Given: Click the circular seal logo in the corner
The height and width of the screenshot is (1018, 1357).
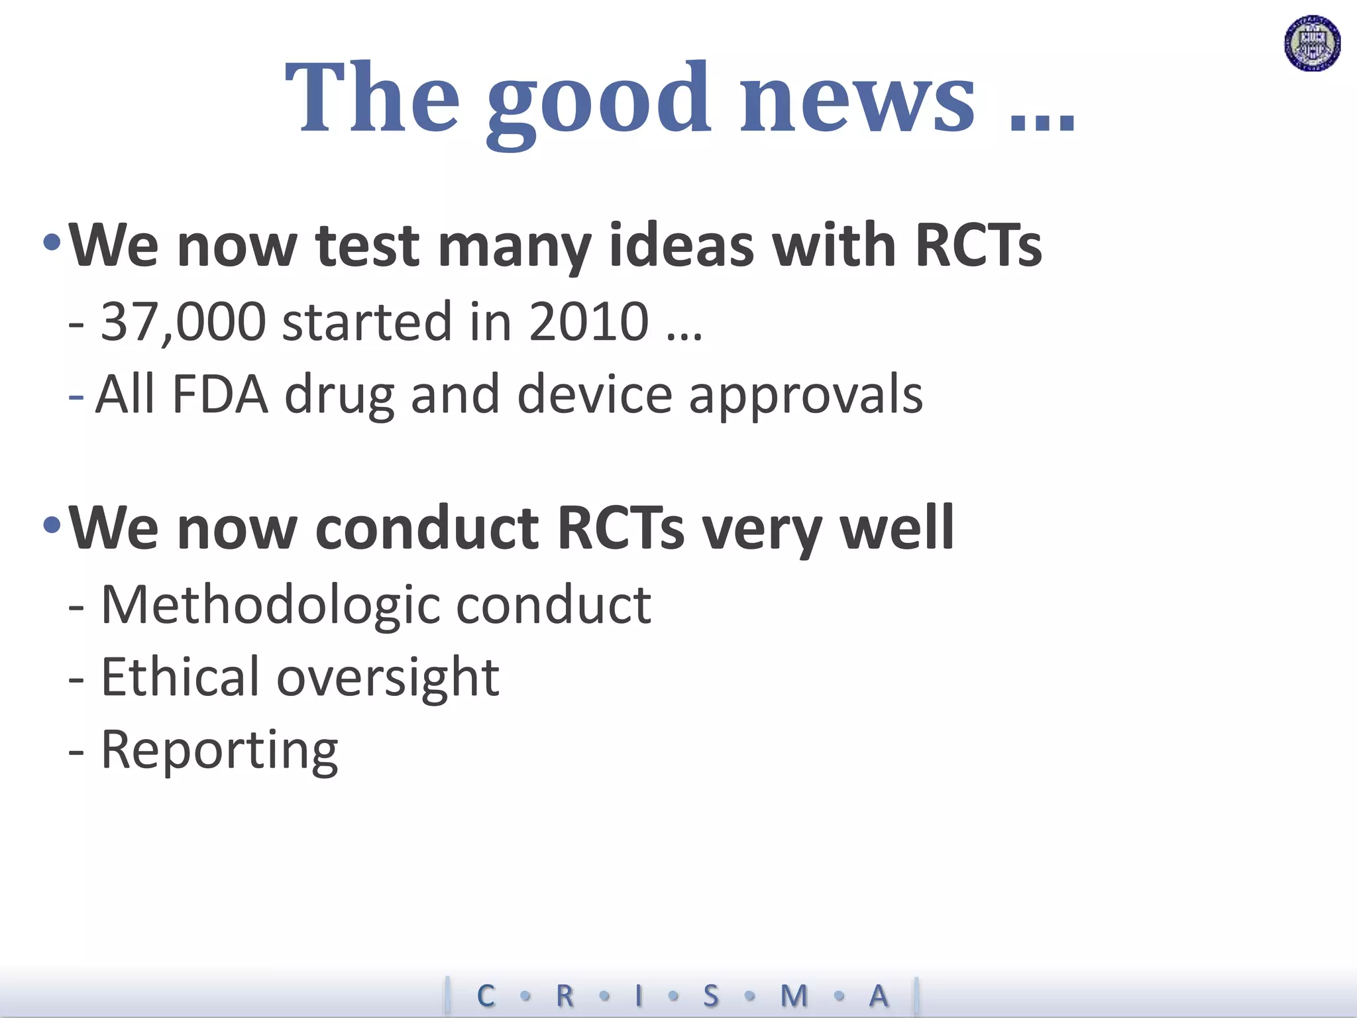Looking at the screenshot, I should [1312, 44].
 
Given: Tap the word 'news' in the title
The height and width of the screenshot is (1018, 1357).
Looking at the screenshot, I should [857, 99].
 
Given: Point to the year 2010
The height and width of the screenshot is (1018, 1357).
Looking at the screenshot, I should [588, 322].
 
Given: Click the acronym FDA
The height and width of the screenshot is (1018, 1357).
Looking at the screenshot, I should [220, 395].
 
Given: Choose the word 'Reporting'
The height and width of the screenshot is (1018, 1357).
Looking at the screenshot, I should [219, 751].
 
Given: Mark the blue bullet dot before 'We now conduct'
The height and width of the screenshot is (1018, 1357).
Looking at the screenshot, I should [52, 526].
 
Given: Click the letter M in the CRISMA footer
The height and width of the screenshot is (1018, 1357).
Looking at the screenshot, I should [794, 996].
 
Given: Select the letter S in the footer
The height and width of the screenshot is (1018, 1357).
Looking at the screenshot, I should [710, 996].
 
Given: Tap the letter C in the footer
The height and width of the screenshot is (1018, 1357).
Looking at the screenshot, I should [486, 996].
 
